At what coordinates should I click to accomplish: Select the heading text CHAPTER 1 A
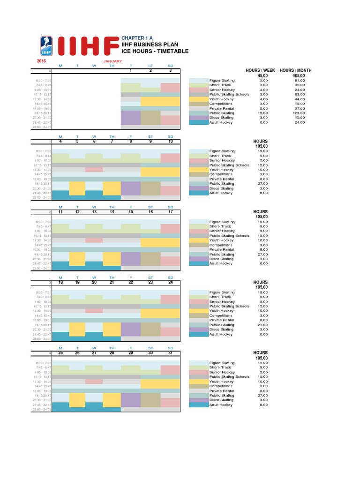136,37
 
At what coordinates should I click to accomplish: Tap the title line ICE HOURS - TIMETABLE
155,51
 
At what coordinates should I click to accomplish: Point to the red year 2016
42,61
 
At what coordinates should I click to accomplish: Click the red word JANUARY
112,61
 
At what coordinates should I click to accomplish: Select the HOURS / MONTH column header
295,70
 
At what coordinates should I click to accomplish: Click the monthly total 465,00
298,75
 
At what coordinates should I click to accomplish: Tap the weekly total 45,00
262,75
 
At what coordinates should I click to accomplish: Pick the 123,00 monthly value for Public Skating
299,113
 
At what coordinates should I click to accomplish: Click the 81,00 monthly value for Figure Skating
300,80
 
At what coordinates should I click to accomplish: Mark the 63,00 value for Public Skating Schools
300,94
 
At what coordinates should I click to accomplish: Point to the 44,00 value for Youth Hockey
300,99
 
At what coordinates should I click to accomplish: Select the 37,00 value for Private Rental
300,108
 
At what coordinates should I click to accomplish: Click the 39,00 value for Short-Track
300,85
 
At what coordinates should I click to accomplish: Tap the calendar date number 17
170,212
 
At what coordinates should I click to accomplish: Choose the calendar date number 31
170,352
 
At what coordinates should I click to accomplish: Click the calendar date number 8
131,141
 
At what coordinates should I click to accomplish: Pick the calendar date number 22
131,282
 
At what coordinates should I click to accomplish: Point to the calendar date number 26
77,352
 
